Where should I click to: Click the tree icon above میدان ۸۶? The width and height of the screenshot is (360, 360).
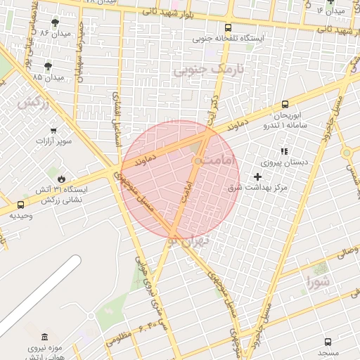(56, 23)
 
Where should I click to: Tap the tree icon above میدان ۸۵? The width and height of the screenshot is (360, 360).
(49, 66)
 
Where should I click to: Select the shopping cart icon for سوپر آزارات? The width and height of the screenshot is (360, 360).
(54, 131)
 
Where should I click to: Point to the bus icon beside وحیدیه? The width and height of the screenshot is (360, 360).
(20, 205)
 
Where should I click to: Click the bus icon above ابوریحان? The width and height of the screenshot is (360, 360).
(285, 104)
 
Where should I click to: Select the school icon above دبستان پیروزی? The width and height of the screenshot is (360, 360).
(284, 151)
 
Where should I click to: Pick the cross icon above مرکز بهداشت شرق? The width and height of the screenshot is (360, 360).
(257, 176)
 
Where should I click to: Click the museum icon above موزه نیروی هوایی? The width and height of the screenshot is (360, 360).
(45, 337)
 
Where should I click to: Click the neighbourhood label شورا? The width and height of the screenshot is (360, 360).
(319, 283)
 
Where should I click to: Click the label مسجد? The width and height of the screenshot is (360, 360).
(328, 351)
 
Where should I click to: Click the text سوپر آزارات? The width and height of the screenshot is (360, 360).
(54, 142)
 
